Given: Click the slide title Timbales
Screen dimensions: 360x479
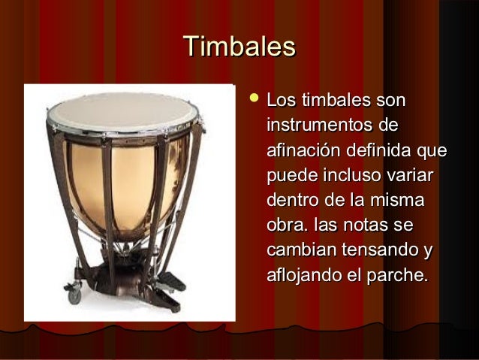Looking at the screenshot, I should pos(239,47).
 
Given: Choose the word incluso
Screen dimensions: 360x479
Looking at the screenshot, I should pos(351,176).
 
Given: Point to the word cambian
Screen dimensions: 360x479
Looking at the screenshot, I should pos(299,250).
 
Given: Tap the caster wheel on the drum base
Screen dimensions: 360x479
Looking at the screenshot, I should pos(74,295).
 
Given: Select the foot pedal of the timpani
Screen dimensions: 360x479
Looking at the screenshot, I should pos(170,284).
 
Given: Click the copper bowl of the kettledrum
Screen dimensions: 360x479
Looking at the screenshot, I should pos(135,188).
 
